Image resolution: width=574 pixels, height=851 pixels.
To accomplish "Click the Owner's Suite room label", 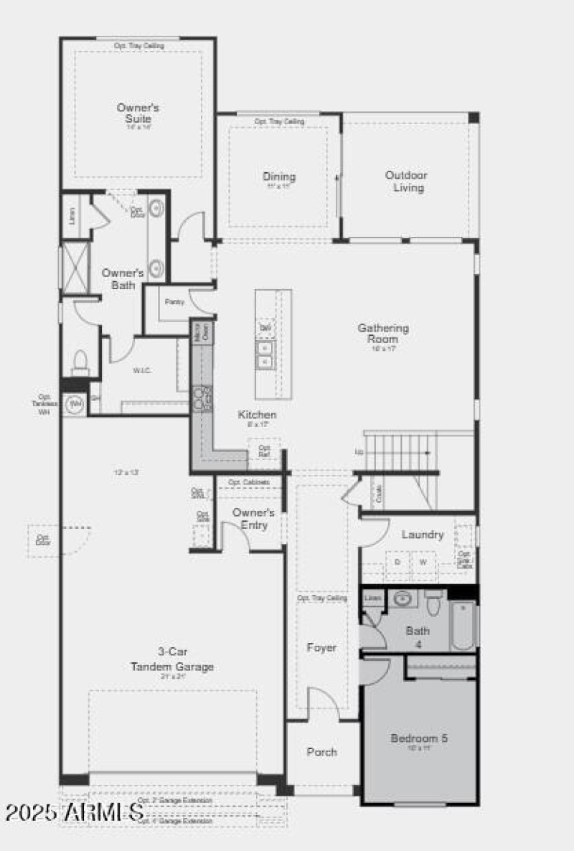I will point(138,113).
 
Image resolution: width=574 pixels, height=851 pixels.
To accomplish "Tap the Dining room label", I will point(278,177).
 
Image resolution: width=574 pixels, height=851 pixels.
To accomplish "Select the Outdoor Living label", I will point(406,181).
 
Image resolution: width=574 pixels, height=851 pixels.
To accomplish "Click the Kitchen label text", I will point(257,415).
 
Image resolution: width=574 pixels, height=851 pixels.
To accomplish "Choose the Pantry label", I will point(174,302).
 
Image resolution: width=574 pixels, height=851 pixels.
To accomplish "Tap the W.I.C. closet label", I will point(140,371).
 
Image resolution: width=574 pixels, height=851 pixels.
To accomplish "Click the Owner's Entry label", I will point(253,518).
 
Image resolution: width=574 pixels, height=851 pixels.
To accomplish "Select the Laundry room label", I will point(422,535).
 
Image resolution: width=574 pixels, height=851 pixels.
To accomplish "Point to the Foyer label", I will point(321,647).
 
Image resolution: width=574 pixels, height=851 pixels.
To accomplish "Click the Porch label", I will point(321,752).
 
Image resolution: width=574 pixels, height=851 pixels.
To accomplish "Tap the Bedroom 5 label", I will point(419,738).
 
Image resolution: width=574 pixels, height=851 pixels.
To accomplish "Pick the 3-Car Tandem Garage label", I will point(171,659).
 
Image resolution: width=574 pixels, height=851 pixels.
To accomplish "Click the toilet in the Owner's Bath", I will point(80,361).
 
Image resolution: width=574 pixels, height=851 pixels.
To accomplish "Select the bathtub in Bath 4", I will point(463,626).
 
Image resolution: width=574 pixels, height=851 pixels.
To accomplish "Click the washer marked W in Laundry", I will point(423,563).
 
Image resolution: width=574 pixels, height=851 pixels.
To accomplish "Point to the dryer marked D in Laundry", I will point(397,563).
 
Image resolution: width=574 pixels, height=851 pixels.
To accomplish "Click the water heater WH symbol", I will point(75,404).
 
